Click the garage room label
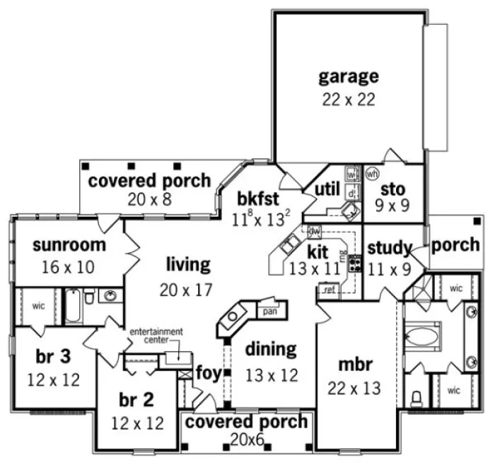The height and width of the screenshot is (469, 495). pyautogui.click(x=348, y=76)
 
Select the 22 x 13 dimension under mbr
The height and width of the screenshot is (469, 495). pyautogui.click(x=354, y=388)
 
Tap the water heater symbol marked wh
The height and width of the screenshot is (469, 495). pyautogui.click(x=373, y=173)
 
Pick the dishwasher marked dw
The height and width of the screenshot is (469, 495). pyautogui.click(x=315, y=230)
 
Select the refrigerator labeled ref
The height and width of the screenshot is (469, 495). pyautogui.click(x=328, y=289)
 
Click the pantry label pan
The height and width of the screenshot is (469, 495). pyautogui.click(x=269, y=311)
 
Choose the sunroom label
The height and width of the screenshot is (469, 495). pyautogui.click(x=69, y=245)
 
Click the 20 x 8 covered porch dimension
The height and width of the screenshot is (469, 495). pyautogui.click(x=149, y=200)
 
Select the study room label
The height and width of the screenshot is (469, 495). pyautogui.click(x=390, y=247)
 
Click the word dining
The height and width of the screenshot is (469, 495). pyautogui.click(x=270, y=349)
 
